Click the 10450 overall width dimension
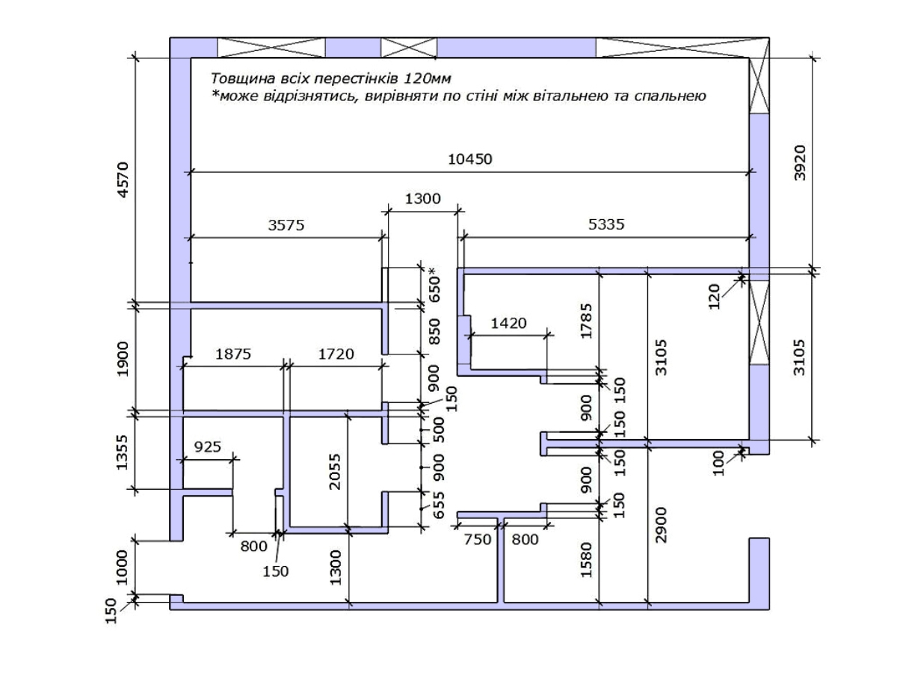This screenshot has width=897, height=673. (469, 159)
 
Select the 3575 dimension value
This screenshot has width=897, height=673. (286, 225)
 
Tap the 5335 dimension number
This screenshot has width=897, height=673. (606, 224)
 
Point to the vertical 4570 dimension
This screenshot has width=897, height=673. (123, 180)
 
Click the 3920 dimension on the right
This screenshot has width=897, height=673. (799, 162)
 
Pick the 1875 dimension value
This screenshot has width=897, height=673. (233, 354)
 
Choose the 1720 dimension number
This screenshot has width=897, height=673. (336, 354)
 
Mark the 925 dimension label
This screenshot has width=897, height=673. (208, 447)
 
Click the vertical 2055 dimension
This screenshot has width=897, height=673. (334, 472)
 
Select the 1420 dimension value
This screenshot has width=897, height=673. (508, 324)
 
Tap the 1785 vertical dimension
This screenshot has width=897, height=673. (586, 322)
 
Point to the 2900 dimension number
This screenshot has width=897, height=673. (660, 525)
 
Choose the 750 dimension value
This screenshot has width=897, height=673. (478, 540)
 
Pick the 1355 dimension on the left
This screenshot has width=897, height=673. (122, 452)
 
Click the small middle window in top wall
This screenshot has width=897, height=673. (409, 48)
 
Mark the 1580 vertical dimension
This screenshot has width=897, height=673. (586, 560)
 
